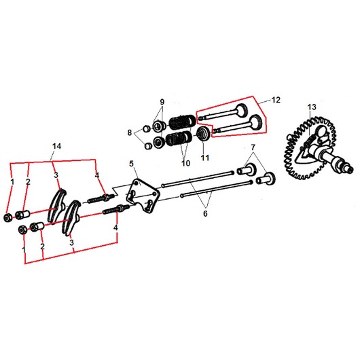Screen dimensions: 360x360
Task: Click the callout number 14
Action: pyautogui.click(x=56, y=146)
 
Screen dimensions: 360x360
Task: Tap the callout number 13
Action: pyautogui.click(x=312, y=107)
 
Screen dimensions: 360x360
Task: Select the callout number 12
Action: pyautogui.click(x=276, y=100)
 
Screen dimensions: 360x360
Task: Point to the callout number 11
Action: pyautogui.click(x=205, y=158)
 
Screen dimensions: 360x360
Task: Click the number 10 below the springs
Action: pyautogui.click(x=185, y=163)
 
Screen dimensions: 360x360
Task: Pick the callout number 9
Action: pyautogui.click(x=162, y=101)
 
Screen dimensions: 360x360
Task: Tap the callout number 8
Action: pyautogui.click(x=130, y=132)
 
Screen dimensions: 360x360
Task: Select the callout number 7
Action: pyautogui.click(x=253, y=147)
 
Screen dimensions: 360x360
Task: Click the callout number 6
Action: pyautogui.click(x=205, y=213)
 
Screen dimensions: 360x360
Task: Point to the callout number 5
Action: pyautogui.click(x=131, y=164)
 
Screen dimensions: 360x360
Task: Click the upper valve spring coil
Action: pyautogui.click(x=182, y=121)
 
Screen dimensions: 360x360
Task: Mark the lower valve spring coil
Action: pyautogui.click(x=179, y=138)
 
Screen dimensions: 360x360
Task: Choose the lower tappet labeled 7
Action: pyautogui.click(x=266, y=179)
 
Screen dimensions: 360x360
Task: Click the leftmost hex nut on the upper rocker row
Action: pyautogui.click(x=8, y=217)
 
